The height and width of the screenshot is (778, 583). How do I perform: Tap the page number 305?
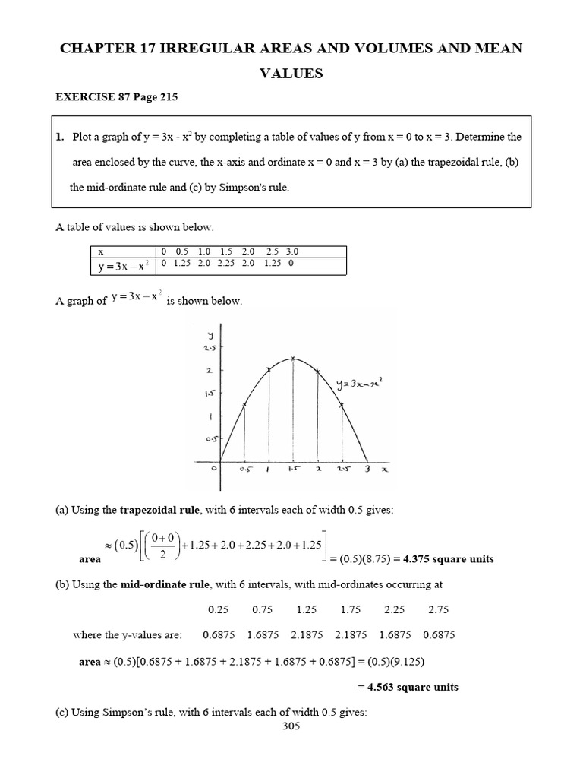291,726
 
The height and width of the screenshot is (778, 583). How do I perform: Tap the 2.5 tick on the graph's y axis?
207,347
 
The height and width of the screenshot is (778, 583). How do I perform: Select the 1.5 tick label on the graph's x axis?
293,470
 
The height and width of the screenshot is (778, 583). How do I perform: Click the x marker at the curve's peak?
294,359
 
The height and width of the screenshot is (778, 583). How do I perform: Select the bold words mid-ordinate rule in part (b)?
162,584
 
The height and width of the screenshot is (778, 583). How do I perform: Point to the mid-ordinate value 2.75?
439,609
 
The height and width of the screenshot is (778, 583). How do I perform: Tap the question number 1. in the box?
61,137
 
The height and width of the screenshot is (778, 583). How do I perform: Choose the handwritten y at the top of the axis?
210,334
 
